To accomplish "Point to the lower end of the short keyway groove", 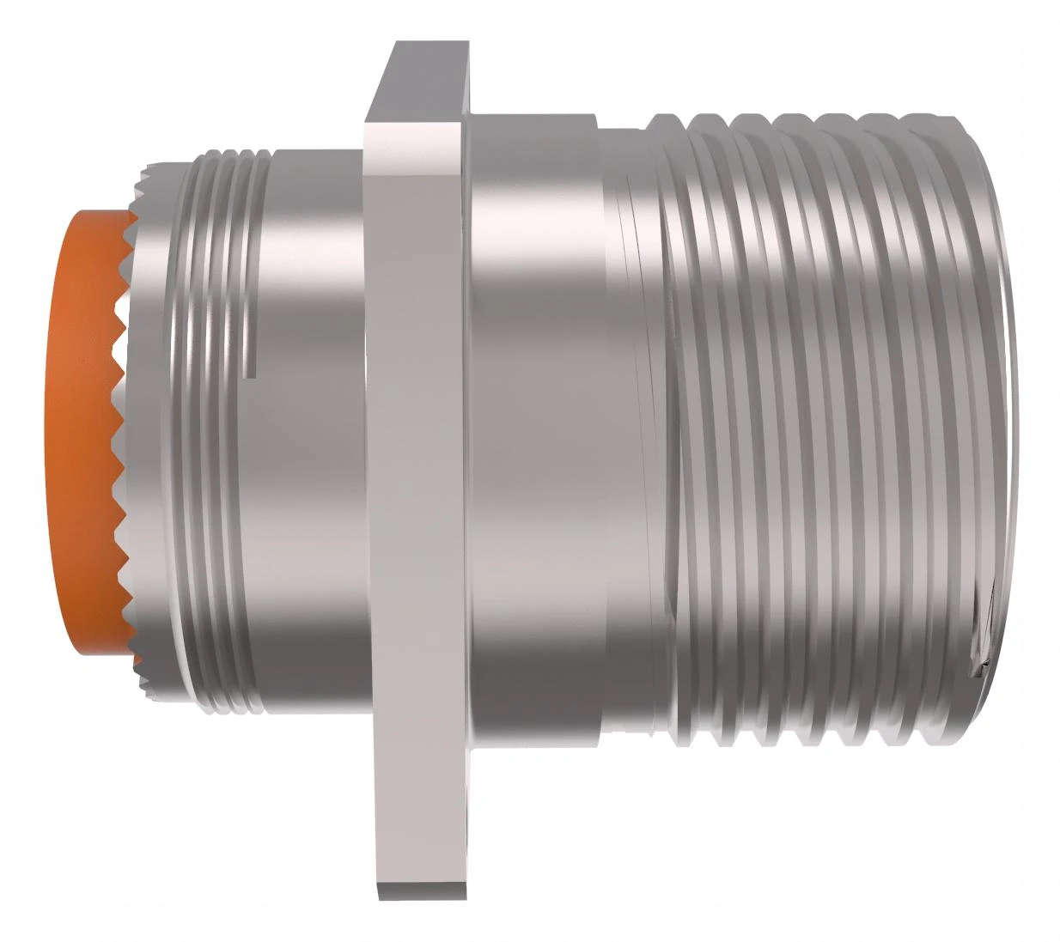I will pos(252,374).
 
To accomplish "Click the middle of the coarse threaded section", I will pos(825,429).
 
